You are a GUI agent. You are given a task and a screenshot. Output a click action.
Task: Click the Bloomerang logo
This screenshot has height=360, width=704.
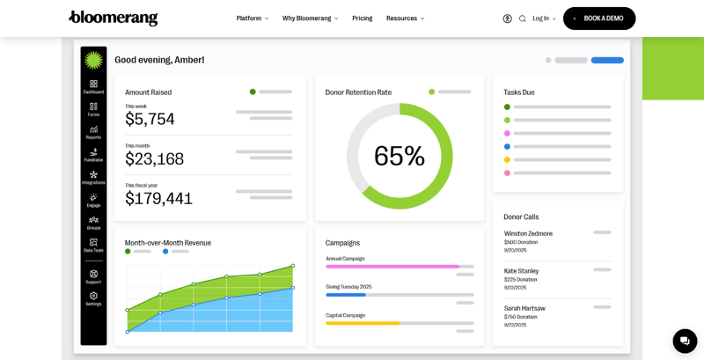pos(114,18)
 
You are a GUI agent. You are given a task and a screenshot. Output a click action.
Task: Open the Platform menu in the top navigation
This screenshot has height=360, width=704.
pos(252,18)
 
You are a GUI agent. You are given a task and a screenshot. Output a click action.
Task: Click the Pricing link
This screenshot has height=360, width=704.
pos(362,18)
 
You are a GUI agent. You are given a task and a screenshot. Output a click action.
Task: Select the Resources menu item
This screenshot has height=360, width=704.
pos(404,18)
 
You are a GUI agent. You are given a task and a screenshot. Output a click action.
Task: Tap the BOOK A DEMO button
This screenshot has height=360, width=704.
pos(599,18)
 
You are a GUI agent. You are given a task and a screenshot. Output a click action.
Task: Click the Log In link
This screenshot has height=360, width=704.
pos(543,18)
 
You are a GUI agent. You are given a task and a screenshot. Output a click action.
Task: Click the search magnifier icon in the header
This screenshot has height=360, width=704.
pos(522,18)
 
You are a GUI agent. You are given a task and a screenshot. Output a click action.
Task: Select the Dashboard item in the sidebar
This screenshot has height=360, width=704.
pos(93,86)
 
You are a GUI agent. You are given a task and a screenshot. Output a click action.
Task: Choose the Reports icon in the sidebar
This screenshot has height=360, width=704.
pos(93,132)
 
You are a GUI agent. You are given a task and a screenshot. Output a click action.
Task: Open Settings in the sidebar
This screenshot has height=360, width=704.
pos(93,298)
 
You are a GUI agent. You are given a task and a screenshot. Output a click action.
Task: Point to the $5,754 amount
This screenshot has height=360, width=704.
pos(150,119)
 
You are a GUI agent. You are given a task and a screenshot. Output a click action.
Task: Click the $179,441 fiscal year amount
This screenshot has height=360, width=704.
pos(158,199)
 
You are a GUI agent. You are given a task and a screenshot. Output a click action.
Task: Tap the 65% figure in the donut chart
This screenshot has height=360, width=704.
pos(400,156)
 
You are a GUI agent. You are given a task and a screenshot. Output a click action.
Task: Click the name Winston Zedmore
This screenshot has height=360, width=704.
pos(528,233)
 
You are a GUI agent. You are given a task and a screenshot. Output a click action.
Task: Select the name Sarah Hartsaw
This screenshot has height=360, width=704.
pos(524,308)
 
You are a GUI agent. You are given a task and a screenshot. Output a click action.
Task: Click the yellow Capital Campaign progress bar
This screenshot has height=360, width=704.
pos(363,323)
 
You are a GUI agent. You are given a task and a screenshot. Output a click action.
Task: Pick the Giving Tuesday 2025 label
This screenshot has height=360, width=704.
pos(348,286)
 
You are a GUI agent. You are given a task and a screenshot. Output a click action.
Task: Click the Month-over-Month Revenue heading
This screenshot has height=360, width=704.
pos(168,243)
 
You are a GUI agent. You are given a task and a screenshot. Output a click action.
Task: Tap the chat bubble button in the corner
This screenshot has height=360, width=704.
pos(685,341)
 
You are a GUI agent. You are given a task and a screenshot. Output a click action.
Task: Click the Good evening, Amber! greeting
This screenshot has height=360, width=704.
pos(159,60)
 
